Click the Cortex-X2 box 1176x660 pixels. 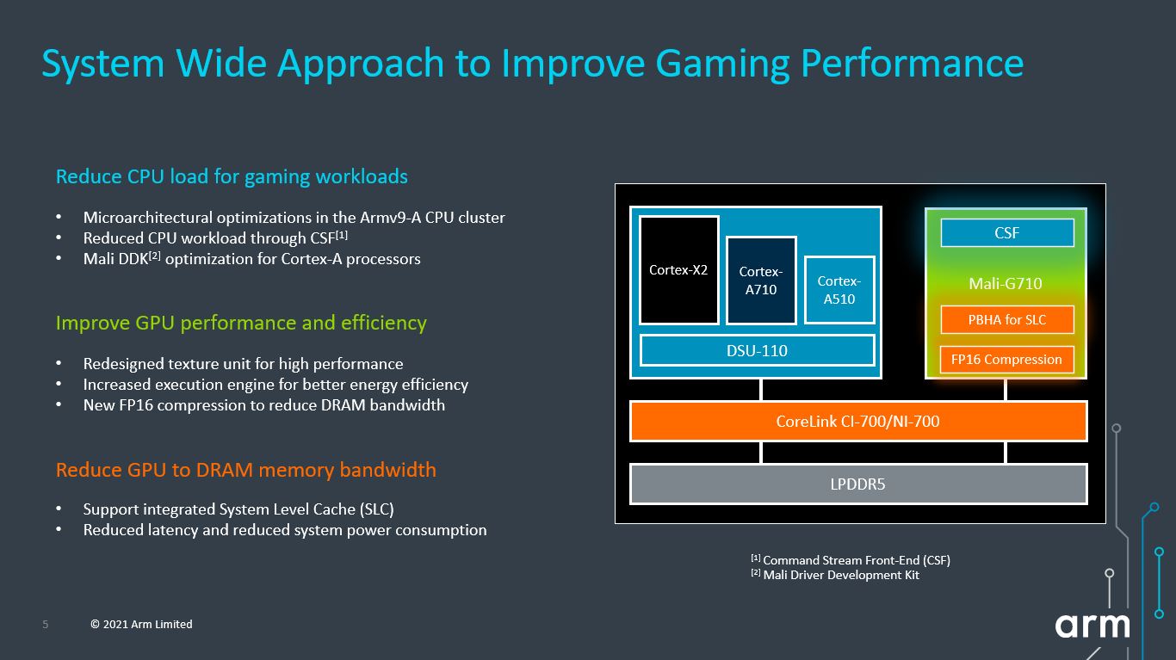(x=678, y=270)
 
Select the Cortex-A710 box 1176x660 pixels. (x=761, y=281)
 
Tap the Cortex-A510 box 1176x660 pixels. (x=839, y=290)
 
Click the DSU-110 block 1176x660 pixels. (x=757, y=350)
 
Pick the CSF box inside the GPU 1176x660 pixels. (x=1007, y=233)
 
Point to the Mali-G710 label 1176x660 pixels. (x=1006, y=284)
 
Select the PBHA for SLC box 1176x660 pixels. (x=1007, y=319)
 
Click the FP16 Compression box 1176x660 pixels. (x=1006, y=360)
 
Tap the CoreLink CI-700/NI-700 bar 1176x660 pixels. (x=858, y=422)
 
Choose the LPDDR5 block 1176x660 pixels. (x=858, y=484)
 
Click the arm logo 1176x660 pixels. (x=1092, y=626)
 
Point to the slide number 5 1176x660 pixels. (x=45, y=625)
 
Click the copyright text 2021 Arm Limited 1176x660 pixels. (x=141, y=625)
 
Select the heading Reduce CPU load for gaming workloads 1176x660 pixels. (x=232, y=176)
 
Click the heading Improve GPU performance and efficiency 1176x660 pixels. (x=241, y=324)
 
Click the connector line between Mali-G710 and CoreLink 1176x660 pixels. (x=1006, y=390)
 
